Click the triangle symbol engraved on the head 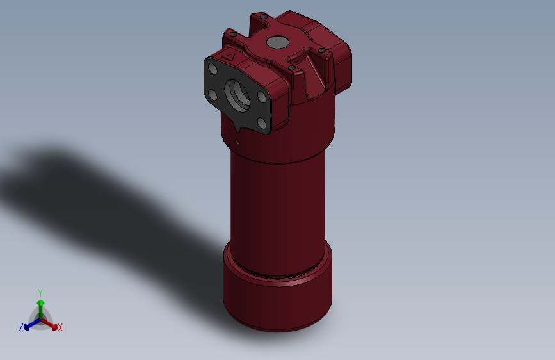pos(229,58)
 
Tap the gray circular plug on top pos(277,42)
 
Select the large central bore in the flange pos(239,95)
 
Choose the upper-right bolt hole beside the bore pos(262,97)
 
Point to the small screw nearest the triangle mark pos(234,34)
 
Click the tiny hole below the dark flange pos(237,142)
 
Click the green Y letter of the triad pos(40,292)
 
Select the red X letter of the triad pos(60,328)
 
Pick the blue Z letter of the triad pos(21,327)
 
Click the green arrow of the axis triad pos(40,304)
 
